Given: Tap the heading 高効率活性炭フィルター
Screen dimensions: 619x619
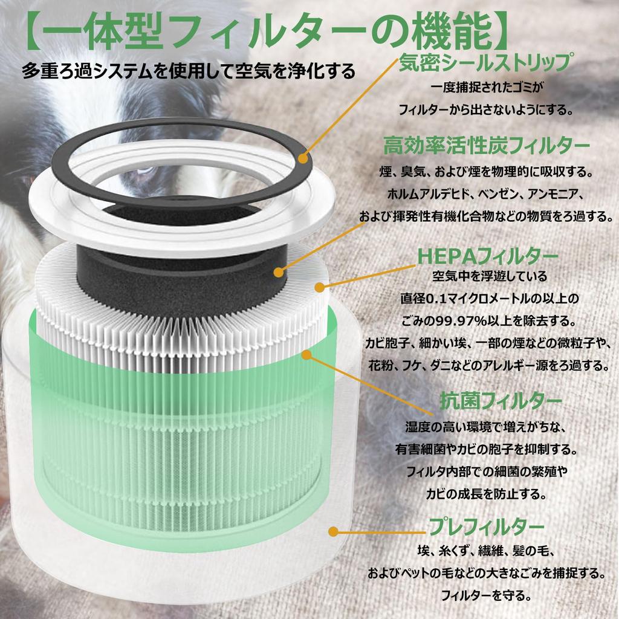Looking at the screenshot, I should (487, 146).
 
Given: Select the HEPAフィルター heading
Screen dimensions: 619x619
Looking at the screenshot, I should (487, 256).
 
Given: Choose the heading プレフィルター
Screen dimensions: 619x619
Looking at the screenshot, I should (487, 527).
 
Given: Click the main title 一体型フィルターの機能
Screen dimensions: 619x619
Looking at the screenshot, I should (264, 34).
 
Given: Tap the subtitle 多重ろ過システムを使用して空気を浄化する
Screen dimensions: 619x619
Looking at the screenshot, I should (188, 71).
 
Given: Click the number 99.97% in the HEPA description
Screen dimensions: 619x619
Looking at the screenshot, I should (464, 319).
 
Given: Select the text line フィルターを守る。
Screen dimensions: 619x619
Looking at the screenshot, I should (487, 595).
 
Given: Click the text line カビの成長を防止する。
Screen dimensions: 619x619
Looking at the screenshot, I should (487, 493).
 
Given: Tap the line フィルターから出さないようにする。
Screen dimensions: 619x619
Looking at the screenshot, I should (485, 110).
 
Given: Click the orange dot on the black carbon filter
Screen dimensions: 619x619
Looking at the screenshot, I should (280, 273).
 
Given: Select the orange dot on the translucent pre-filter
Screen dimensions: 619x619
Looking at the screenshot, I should (332, 531).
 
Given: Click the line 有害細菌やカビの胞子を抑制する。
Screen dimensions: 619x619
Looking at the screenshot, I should (487, 450).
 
